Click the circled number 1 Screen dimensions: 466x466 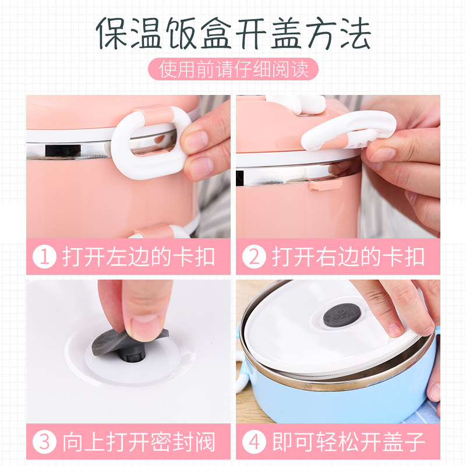[44, 256]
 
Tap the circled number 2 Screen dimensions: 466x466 [254, 256]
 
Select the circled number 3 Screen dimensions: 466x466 [44, 442]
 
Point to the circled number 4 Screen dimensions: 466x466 [254, 442]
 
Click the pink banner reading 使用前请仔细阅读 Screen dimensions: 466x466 [233, 69]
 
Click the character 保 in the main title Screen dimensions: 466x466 [112, 33]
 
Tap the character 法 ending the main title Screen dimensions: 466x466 [355, 33]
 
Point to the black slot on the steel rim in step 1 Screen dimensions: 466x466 [63, 150]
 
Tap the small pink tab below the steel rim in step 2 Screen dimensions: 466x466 [326, 185]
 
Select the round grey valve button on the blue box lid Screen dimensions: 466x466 [342, 315]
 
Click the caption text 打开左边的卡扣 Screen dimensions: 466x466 [139, 256]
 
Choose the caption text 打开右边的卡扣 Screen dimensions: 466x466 [348, 256]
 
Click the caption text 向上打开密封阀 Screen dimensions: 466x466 [139, 442]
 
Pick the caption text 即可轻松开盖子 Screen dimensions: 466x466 [348, 442]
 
